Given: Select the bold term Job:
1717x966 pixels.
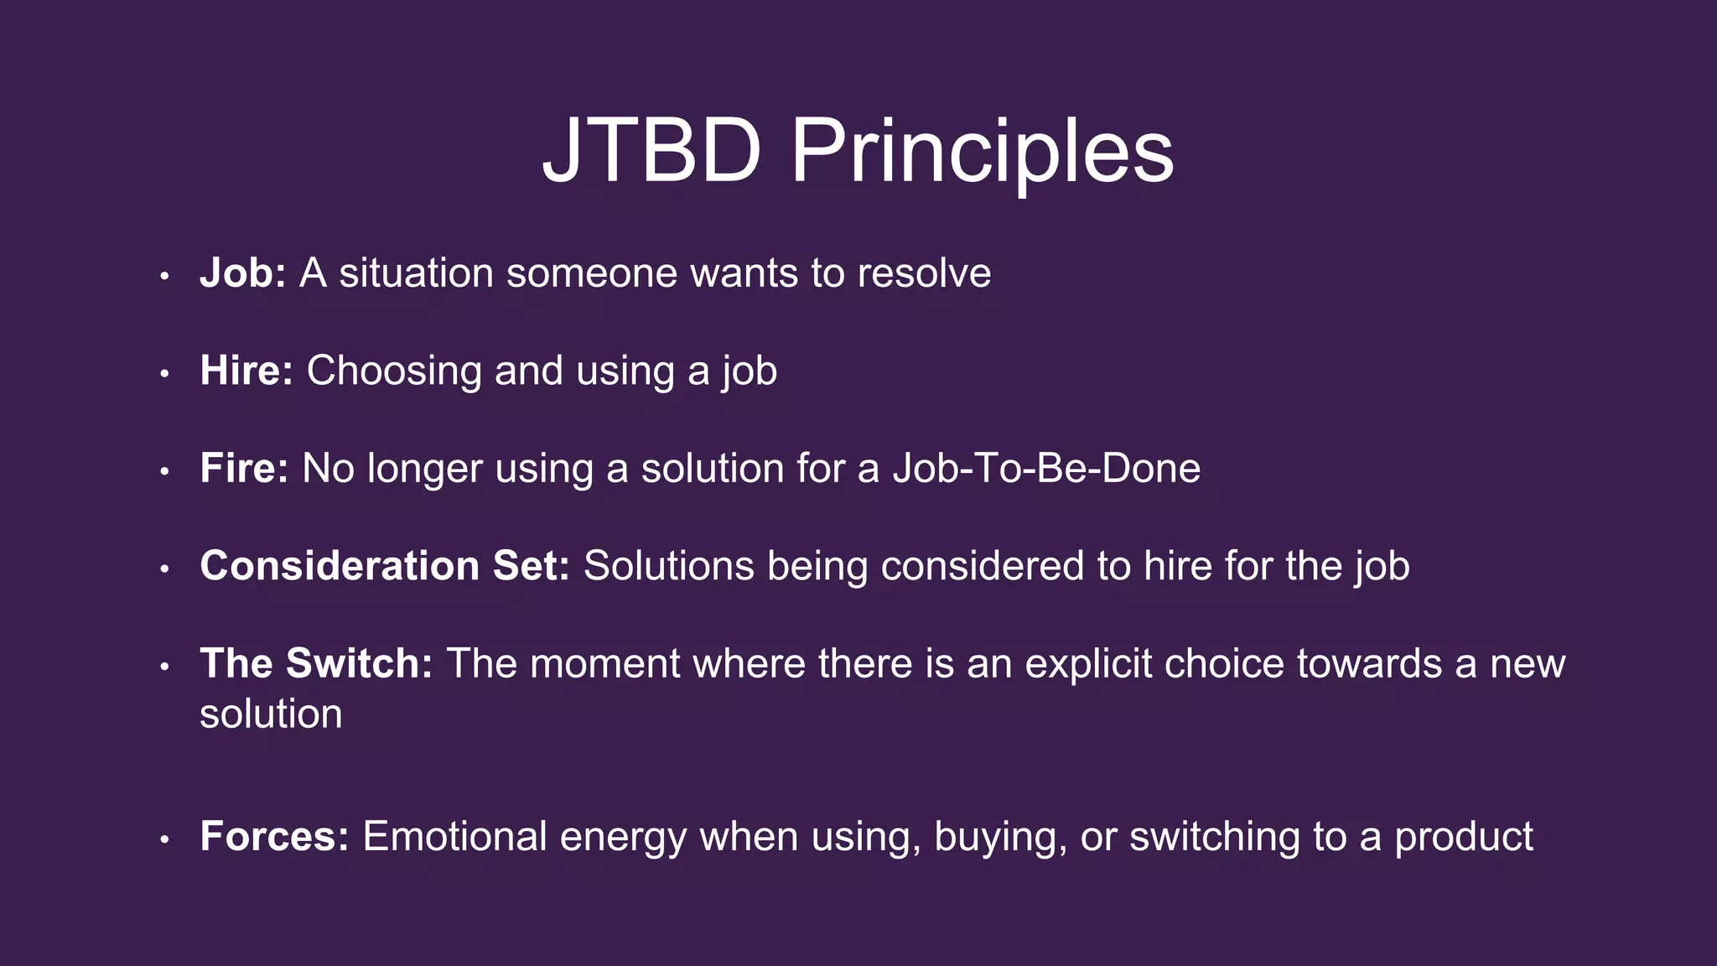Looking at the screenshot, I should tap(243, 273).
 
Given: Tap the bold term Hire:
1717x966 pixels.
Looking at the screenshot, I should tap(246, 371).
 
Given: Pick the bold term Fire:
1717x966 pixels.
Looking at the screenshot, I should tap(244, 468).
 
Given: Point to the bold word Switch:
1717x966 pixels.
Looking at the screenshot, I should tap(359, 663).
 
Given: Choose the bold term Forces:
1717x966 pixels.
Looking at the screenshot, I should tap(274, 837).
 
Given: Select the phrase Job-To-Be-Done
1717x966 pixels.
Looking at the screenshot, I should tap(1046, 468).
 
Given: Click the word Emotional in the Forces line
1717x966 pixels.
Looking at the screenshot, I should tap(454, 837).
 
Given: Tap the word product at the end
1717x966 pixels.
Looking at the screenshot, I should tap(1463, 837).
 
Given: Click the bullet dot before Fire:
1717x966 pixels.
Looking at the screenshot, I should tap(165, 471).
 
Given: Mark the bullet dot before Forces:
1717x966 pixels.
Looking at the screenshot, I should tap(165, 839).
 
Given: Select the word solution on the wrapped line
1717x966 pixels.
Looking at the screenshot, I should tap(271, 714).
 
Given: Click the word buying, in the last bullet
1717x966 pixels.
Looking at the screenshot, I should tap(1000, 837).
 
